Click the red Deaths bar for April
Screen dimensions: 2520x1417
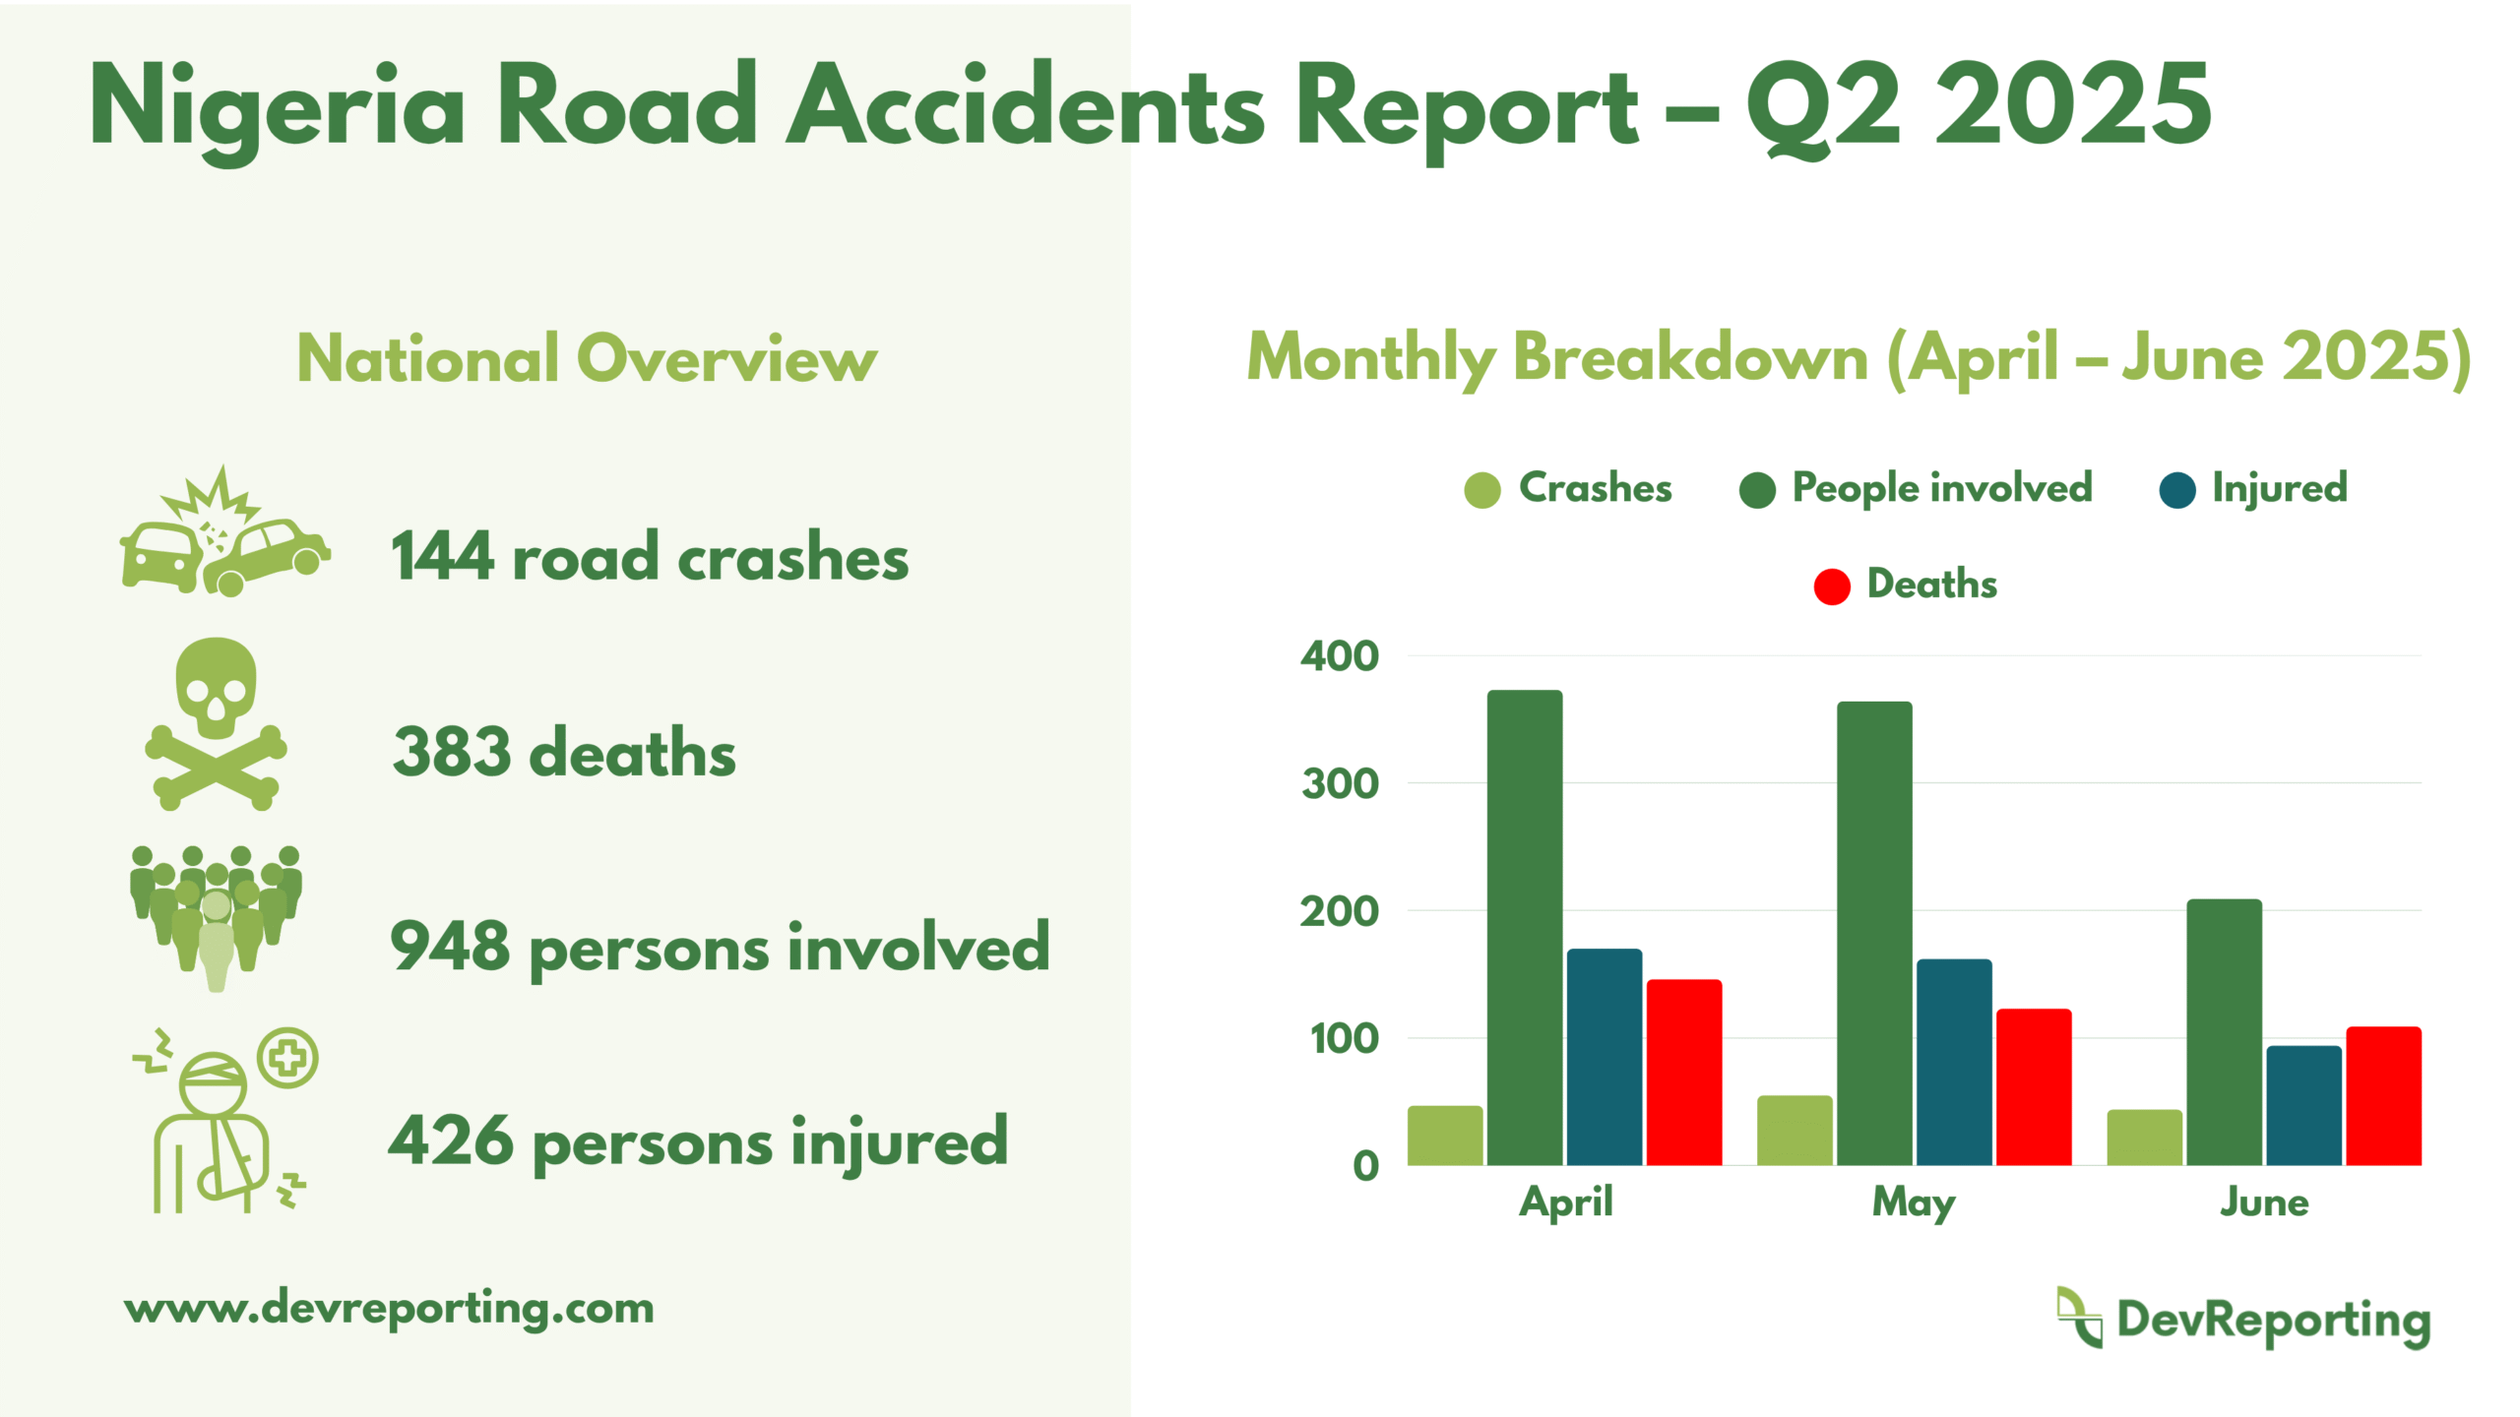pyautogui.click(x=1683, y=1072)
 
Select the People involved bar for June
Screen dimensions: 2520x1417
pyautogui.click(x=2224, y=1032)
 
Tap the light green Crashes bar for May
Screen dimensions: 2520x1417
pyautogui.click(x=1795, y=1131)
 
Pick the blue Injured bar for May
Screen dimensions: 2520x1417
pyautogui.click(x=1954, y=1062)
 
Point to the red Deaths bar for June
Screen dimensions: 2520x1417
pyautogui.click(x=2383, y=1096)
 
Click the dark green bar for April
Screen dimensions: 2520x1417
pyautogui.click(x=1524, y=928)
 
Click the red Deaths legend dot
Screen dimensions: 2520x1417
pyautogui.click(x=1832, y=586)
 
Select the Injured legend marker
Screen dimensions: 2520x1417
pyautogui.click(x=2177, y=490)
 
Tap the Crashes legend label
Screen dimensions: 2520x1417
pyautogui.click(x=1595, y=488)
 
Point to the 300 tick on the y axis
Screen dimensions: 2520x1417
pyautogui.click(x=1340, y=784)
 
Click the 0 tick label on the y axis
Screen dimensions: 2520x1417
pyautogui.click(x=1366, y=1166)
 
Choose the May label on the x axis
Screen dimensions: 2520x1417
pyautogui.click(x=1914, y=1203)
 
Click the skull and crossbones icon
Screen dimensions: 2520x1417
pyautogui.click(x=216, y=724)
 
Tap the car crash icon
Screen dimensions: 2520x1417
pyautogui.click(x=225, y=531)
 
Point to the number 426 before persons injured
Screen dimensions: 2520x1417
pyautogui.click(x=451, y=1140)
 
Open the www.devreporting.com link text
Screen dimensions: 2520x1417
pyautogui.click(x=389, y=1309)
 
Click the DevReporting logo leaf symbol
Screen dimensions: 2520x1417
pyautogui.click(x=2079, y=1317)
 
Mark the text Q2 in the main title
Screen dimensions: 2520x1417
pyautogui.click(x=1823, y=106)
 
